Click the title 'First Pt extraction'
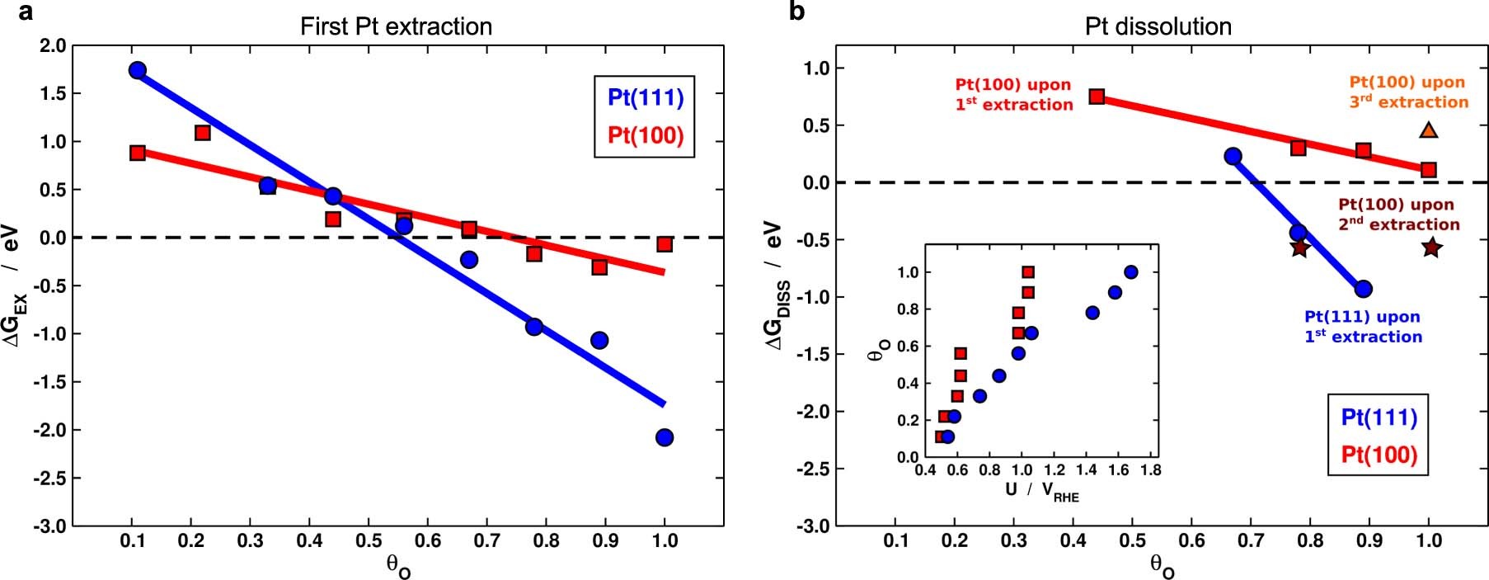(396, 26)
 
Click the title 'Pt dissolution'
(1158, 26)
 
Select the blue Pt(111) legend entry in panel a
(646, 97)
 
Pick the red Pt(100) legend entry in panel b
(1379, 455)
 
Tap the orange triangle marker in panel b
(1429, 130)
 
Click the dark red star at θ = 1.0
(1431, 247)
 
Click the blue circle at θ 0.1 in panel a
(138, 70)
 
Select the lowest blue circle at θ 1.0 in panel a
(665, 437)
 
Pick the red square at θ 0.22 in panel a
(203, 133)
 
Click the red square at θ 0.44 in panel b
(1097, 97)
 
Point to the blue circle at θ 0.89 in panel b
(1363, 289)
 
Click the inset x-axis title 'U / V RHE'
(1041, 491)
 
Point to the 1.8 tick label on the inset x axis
(1149, 469)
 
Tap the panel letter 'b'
(796, 12)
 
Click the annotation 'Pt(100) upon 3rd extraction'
(1408, 92)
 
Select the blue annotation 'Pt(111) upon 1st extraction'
(1363, 327)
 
